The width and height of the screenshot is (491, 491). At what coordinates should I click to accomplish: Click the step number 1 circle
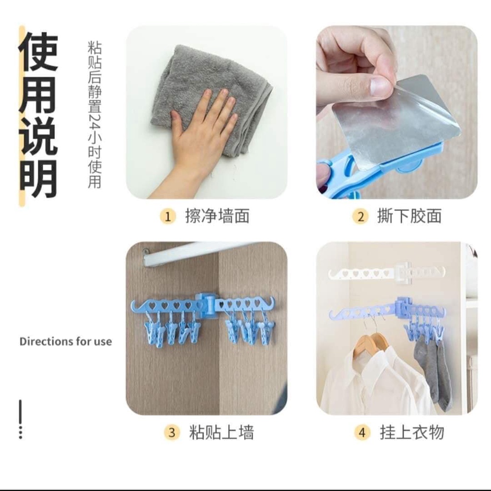click(x=167, y=216)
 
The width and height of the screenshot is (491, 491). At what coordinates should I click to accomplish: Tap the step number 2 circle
click(x=360, y=216)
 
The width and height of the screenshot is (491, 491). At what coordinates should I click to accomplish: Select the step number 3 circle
click(x=171, y=433)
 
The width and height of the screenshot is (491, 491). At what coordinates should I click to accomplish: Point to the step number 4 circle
click(x=362, y=433)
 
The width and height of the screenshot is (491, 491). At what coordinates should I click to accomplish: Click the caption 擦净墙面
click(x=217, y=216)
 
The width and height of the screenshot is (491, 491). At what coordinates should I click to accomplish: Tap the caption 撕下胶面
click(x=409, y=216)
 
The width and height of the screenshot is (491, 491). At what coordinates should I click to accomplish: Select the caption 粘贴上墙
click(x=221, y=433)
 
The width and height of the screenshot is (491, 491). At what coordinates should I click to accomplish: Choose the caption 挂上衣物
click(x=412, y=433)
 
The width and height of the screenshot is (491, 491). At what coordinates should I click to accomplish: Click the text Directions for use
click(x=66, y=342)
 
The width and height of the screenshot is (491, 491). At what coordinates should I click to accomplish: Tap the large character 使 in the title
click(x=38, y=51)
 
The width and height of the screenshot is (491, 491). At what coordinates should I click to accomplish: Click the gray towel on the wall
click(x=201, y=86)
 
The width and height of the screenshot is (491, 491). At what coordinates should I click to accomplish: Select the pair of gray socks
click(x=432, y=369)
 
